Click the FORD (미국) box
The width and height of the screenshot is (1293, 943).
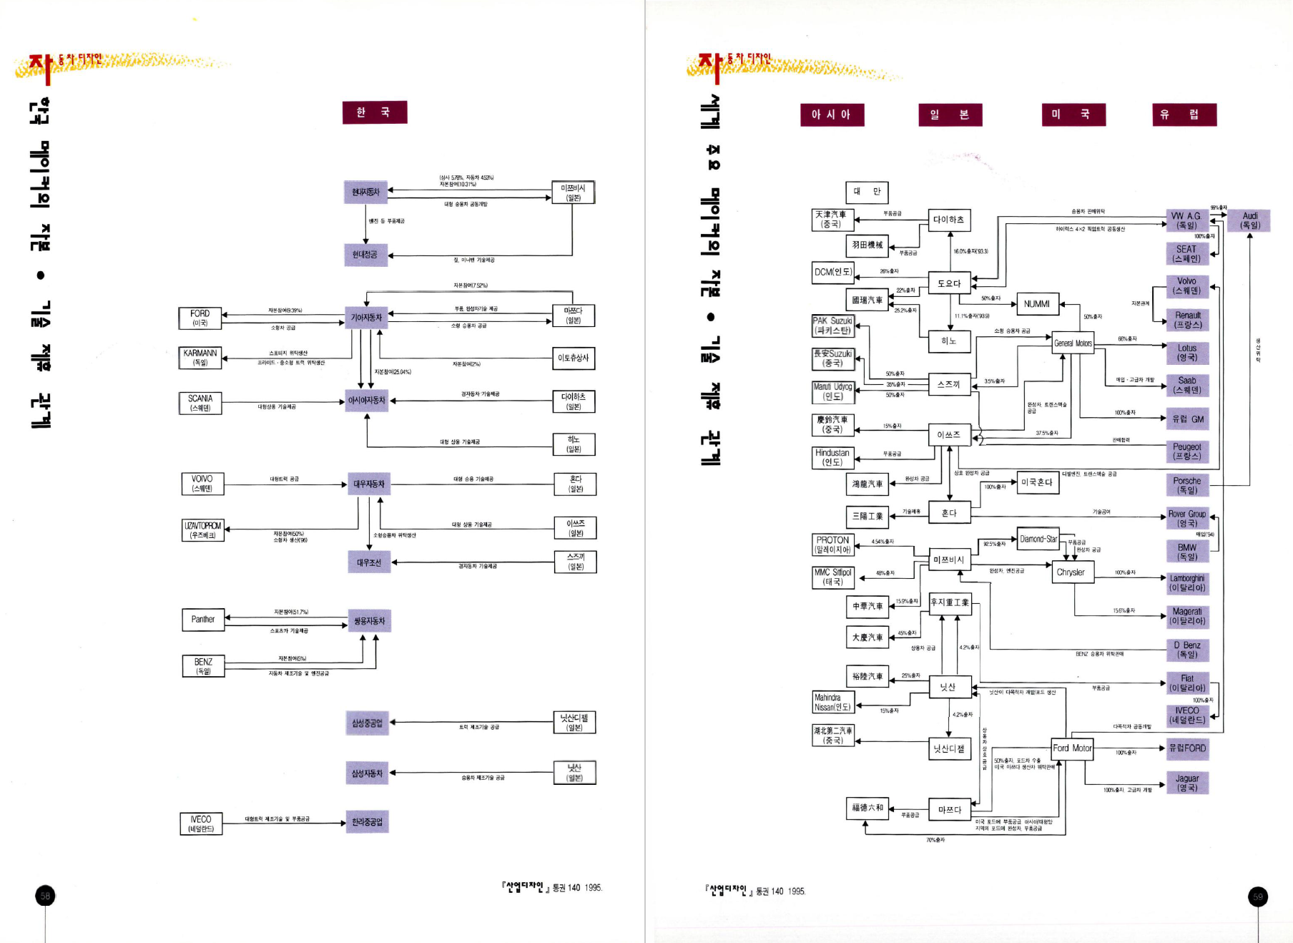click(200, 318)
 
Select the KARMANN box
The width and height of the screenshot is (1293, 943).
click(200, 358)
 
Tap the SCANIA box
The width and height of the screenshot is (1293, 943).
click(200, 403)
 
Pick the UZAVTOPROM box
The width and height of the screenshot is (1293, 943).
click(203, 530)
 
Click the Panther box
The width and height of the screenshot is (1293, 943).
click(203, 620)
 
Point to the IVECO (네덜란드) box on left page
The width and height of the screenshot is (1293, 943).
click(201, 824)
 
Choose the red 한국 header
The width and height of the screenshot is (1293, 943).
click(375, 112)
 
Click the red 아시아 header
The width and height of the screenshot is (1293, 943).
click(832, 114)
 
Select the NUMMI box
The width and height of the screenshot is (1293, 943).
click(1037, 304)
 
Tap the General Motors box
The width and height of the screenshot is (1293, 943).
click(1073, 343)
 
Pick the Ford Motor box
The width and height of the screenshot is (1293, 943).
click(1072, 748)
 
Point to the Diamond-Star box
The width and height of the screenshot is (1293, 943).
click(1038, 539)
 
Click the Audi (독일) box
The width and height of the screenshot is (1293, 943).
click(1249, 220)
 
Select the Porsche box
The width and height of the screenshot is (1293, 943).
click(1187, 485)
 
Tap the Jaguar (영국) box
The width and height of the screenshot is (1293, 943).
click(1187, 783)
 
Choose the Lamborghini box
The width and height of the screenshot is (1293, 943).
click(1187, 583)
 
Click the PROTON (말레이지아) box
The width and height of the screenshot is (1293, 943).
click(833, 545)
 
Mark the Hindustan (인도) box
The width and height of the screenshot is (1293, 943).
click(832, 457)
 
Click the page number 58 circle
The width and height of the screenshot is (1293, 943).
click(45, 896)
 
